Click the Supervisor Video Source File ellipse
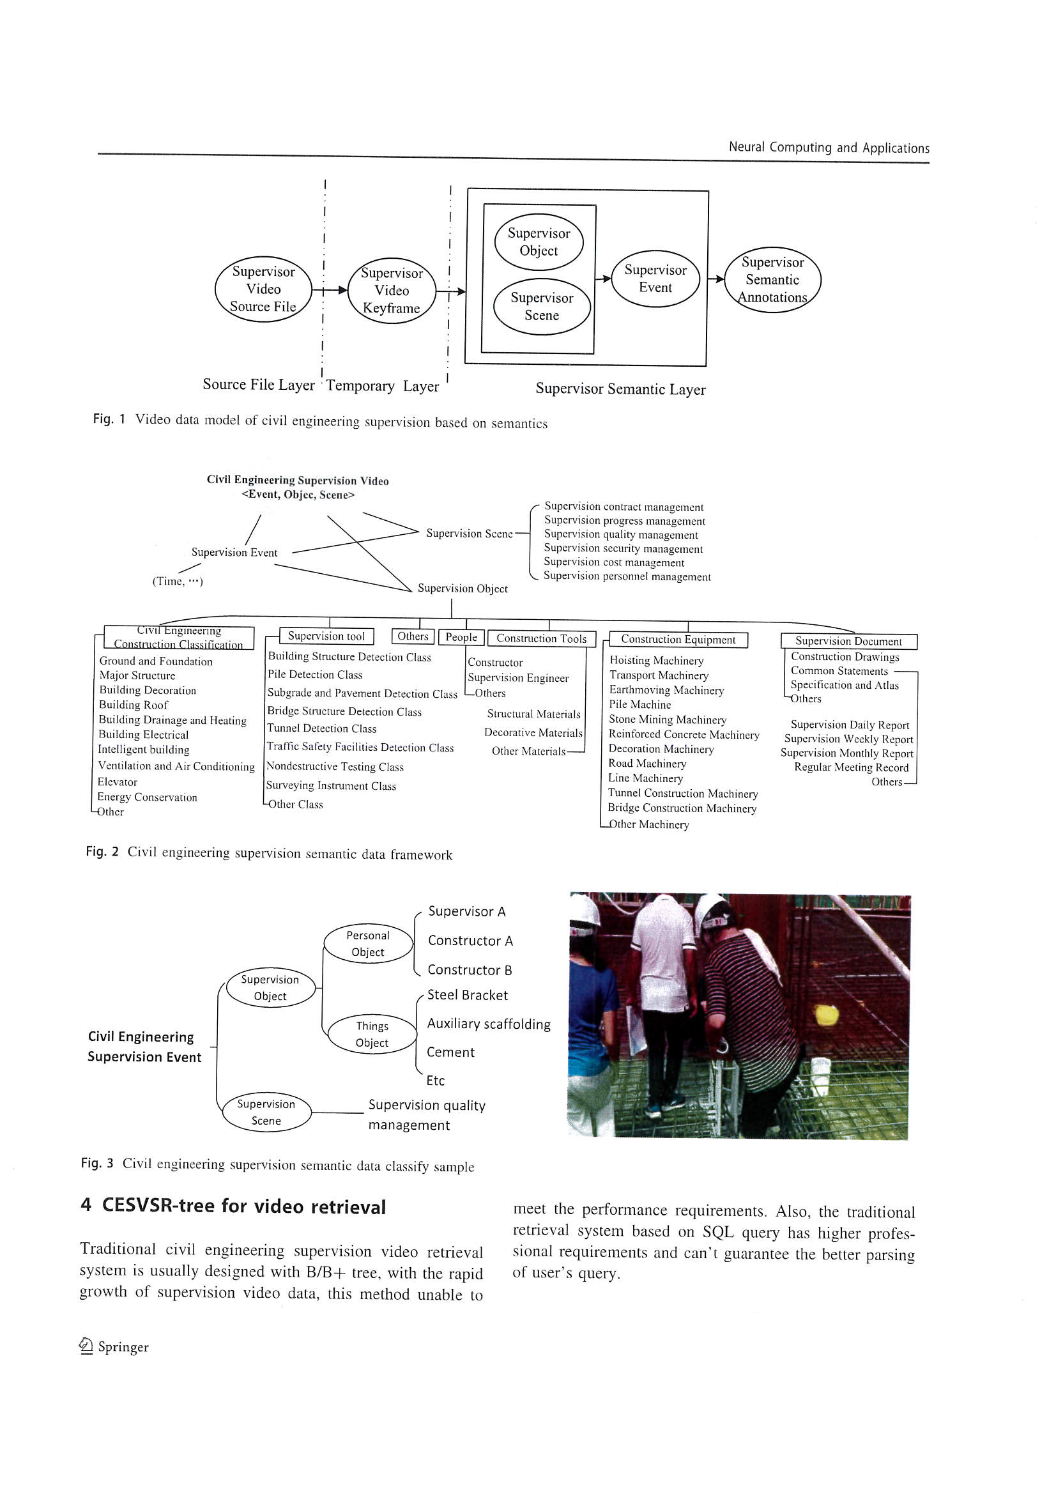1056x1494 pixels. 263,289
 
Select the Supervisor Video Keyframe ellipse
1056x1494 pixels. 392,290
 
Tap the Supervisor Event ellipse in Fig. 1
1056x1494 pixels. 655,279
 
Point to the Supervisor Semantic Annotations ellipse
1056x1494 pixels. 772,280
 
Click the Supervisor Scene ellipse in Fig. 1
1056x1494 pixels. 541,307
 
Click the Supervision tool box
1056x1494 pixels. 326,636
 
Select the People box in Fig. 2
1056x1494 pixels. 461,637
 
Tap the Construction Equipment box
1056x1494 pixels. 678,640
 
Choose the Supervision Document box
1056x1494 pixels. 848,641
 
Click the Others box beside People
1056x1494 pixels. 413,636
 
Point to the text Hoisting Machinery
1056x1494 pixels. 656,661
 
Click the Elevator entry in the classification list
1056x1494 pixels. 117,782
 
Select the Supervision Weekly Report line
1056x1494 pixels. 848,739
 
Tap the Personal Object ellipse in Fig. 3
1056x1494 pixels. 367,944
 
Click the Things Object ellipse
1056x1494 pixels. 372,1034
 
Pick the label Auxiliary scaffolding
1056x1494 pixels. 488,1024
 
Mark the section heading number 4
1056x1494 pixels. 86,1205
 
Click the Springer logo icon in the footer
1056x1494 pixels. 86,1346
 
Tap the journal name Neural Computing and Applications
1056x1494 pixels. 829,148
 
